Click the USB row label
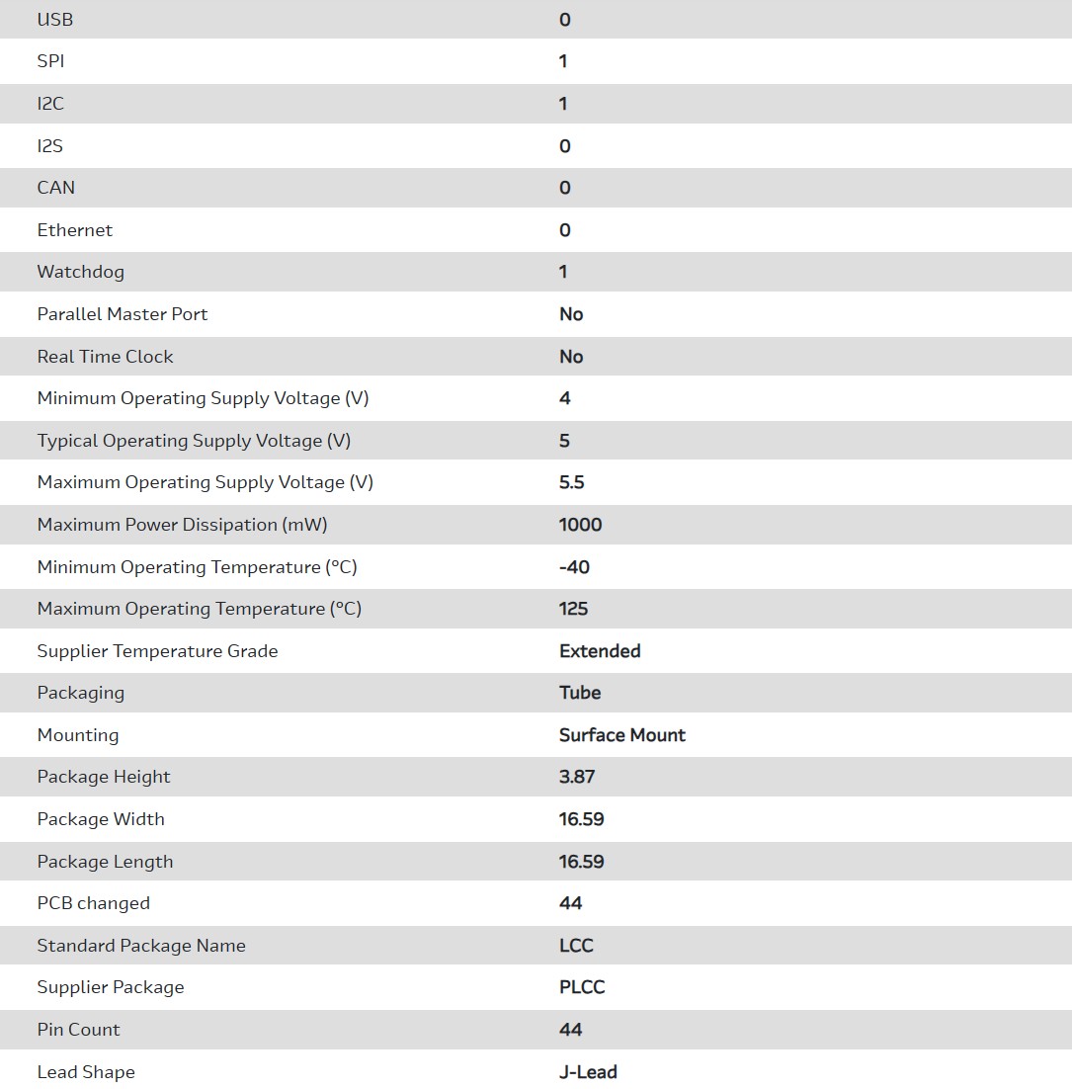click(x=55, y=20)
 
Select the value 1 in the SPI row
click(x=563, y=61)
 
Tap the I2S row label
click(x=50, y=146)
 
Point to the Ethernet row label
click(x=75, y=230)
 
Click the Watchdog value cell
click(x=563, y=272)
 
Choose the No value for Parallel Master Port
click(x=571, y=314)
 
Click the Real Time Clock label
click(x=105, y=357)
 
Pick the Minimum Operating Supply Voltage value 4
click(x=565, y=398)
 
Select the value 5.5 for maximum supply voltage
click(x=572, y=482)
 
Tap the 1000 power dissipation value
click(x=580, y=525)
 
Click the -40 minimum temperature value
click(x=574, y=567)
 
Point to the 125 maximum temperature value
click(x=573, y=609)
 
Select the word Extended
click(x=600, y=651)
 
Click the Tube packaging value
click(x=580, y=693)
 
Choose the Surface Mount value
click(x=622, y=735)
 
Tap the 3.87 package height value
click(x=577, y=777)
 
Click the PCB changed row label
click(x=94, y=903)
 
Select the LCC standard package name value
click(x=576, y=946)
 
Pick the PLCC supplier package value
click(x=582, y=987)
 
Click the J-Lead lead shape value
click(x=588, y=1072)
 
